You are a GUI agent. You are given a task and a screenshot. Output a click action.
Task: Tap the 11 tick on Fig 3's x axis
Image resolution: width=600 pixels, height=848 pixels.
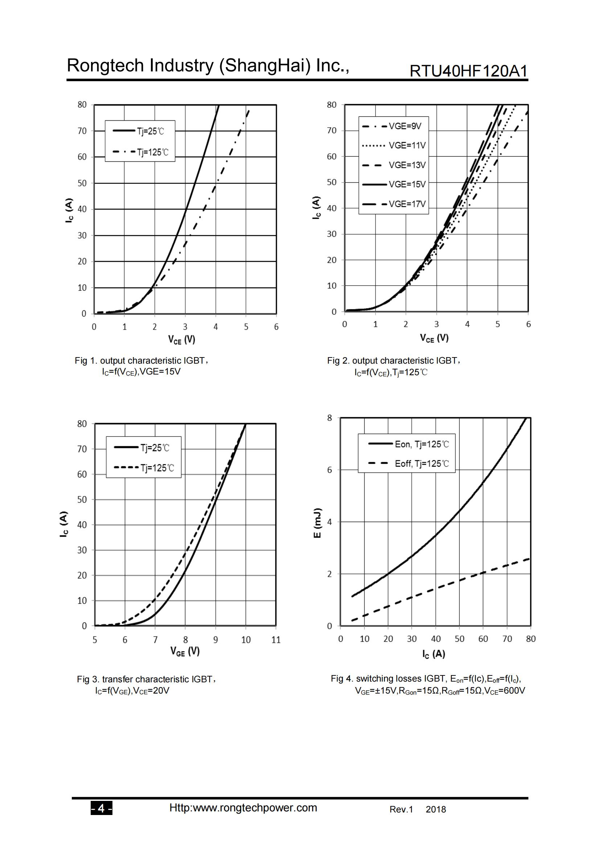tap(276, 640)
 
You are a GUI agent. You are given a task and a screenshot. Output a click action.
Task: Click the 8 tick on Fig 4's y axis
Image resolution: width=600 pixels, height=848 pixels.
tap(329, 418)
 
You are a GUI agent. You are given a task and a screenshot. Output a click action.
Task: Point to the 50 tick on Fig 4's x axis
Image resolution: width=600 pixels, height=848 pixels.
tap(459, 639)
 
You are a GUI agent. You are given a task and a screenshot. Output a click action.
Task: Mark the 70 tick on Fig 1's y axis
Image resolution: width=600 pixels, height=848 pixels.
tap(82, 131)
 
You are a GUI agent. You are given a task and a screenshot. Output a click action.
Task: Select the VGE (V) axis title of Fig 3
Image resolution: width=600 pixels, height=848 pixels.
tap(185, 651)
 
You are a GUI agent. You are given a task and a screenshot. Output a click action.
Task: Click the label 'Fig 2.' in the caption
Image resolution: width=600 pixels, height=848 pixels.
tap(338, 361)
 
